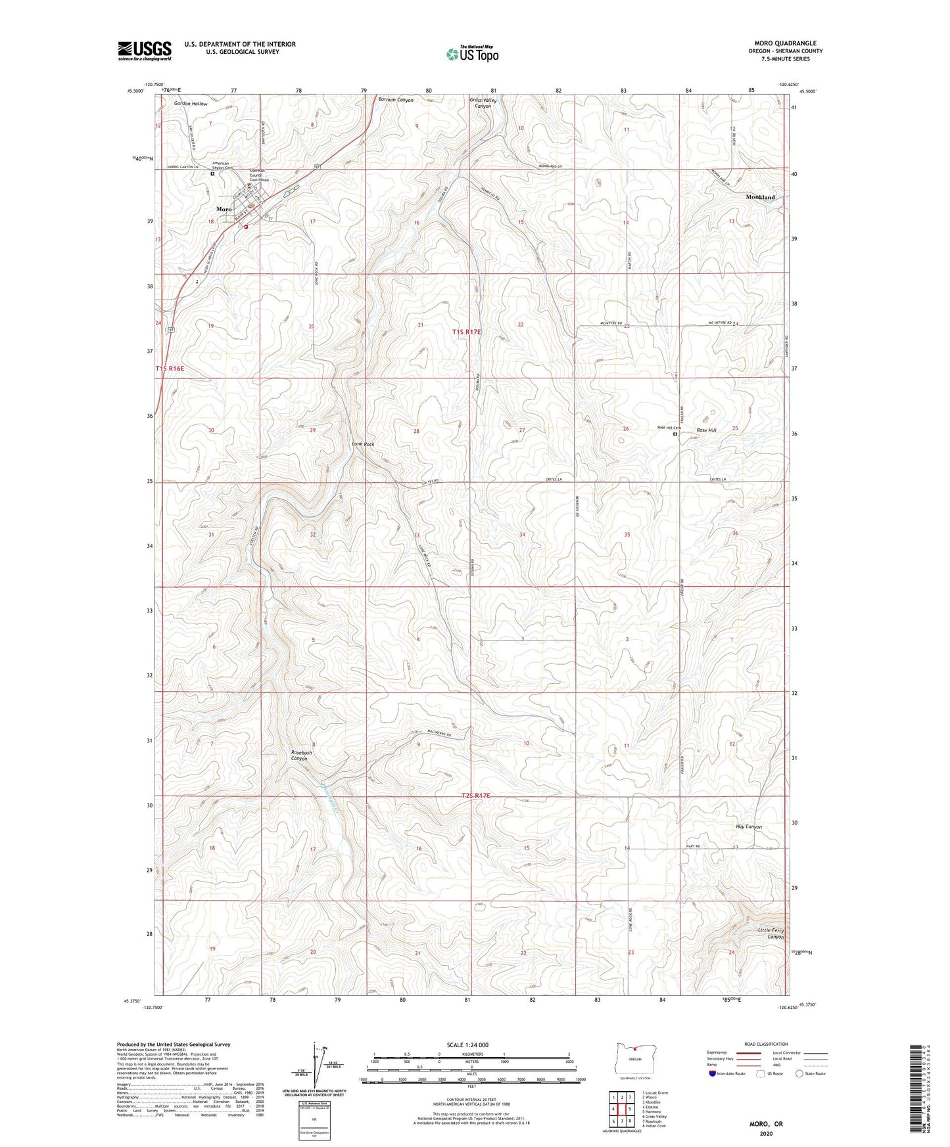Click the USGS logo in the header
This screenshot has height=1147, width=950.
click(x=145, y=51)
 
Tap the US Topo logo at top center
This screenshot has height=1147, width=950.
click(x=472, y=55)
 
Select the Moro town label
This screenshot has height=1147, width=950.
click(x=224, y=209)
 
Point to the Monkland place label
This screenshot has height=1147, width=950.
click(x=760, y=197)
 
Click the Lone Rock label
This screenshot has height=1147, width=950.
click(x=363, y=444)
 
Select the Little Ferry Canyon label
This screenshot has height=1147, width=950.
click(x=771, y=933)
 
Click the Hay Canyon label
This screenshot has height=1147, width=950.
click(x=749, y=827)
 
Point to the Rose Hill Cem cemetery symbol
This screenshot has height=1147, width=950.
click(x=675, y=434)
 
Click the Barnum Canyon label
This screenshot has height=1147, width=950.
click(x=396, y=100)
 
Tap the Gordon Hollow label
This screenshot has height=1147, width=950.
click(x=191, y=104)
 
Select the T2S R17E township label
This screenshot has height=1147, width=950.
click(x=476, y=796)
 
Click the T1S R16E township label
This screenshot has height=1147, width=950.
click(x=170, y=369)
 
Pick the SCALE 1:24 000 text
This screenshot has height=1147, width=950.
click(x=467, y=1045)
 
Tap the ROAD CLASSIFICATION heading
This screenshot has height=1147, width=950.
click(x=766, y=1044)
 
